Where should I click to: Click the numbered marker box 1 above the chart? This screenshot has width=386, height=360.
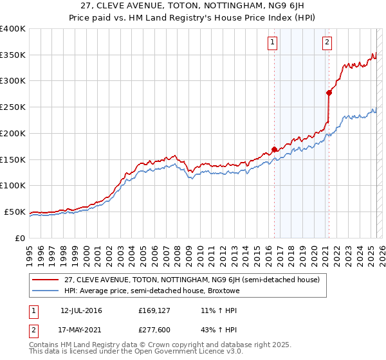point(272,43)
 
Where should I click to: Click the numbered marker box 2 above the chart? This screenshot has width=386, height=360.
point(327,43)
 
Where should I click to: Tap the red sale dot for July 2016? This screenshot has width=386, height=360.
point(274,149)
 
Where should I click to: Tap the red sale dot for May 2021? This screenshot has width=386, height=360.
point(329,93)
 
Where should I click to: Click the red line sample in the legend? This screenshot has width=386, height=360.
point(45,280)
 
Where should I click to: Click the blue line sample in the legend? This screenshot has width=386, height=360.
point(45,291)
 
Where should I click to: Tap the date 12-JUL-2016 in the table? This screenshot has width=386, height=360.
point(81,310)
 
